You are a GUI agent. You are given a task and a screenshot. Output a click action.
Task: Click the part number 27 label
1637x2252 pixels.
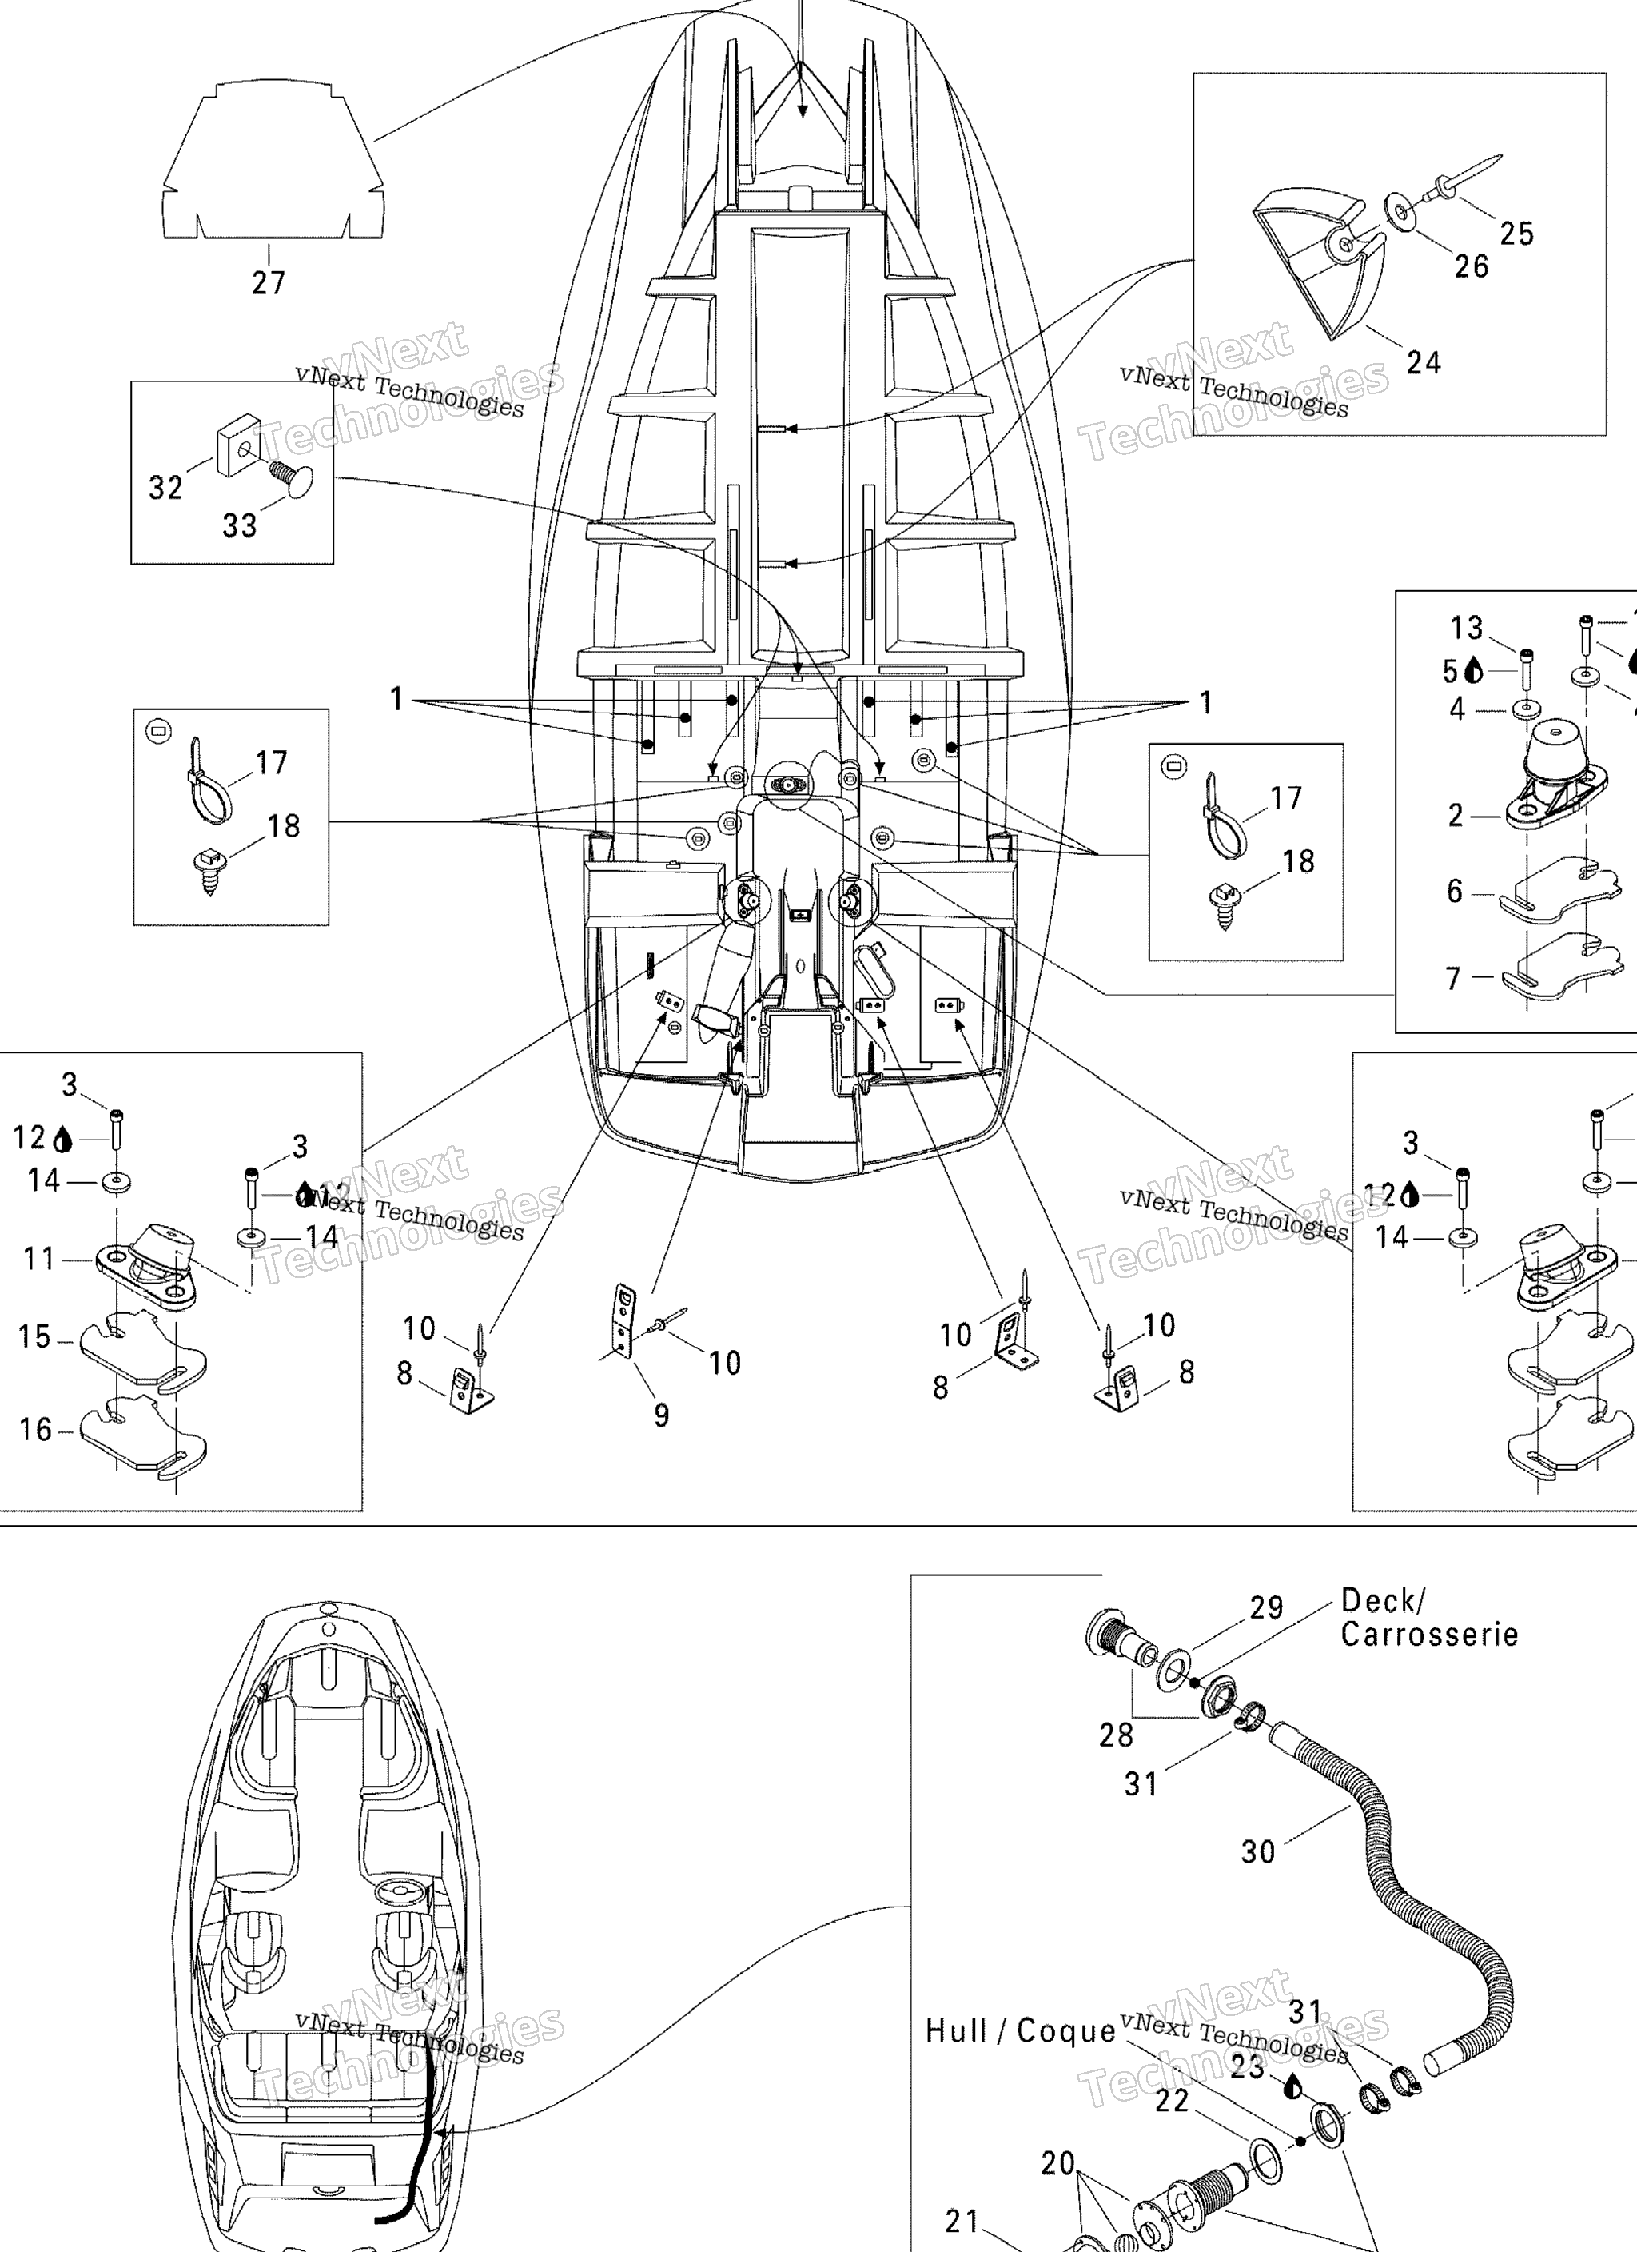(x=268, y=283)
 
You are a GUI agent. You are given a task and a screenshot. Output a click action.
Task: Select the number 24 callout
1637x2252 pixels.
(x=1423, y=362)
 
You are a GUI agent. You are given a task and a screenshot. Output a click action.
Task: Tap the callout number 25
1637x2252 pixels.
(x=1516, y=234)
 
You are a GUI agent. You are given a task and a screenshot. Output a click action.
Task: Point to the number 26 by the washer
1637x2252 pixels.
(x=1472, y=266)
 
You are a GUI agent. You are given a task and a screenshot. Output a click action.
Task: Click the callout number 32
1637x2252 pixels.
(x=165, y=488)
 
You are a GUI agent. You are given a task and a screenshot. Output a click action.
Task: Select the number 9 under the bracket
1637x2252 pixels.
(x=661, y=1415)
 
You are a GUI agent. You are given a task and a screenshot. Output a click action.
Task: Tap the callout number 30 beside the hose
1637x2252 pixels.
(x=1258, y=1851)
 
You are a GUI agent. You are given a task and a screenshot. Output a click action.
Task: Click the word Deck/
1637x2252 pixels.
(x=1383, y=1600)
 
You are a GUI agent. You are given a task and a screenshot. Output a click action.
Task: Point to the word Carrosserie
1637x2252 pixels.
(x=1428, y=1635)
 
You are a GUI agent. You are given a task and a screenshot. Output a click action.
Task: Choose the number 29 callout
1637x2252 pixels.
(x=1266, y=1607)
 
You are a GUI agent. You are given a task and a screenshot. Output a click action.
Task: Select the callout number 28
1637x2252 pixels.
(x=1116, y=1735)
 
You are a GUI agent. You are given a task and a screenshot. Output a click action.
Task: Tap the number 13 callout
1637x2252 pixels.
(x=1466, y=628)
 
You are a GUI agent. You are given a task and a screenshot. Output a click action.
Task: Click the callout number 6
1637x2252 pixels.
(x=1454, y=891)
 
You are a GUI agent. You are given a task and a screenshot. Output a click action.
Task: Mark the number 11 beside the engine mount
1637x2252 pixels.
(x=38, y=1259)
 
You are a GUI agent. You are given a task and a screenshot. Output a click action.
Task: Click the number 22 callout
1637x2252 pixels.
(x=1172, y=2100)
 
